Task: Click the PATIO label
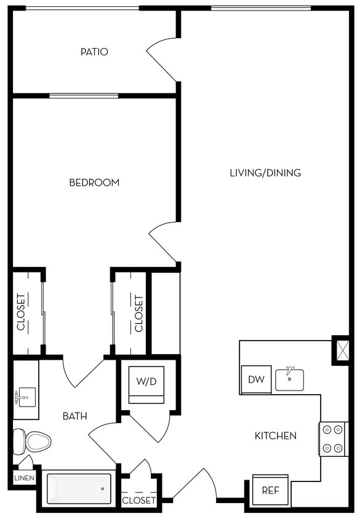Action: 94,52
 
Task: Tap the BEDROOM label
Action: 94,183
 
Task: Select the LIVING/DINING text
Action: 265,173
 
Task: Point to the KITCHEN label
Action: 276,436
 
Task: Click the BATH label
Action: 74,416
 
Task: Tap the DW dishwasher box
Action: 256,379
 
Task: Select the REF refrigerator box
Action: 270,491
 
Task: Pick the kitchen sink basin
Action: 289,380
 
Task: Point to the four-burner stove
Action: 333,438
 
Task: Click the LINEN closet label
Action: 25,478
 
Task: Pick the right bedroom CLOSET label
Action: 138,313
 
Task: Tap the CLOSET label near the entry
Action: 139,500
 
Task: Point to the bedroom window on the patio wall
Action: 84,95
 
